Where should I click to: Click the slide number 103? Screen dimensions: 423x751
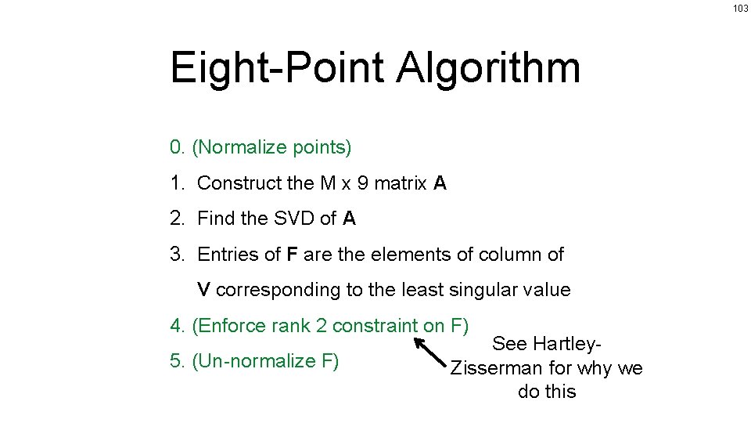pos(740,8)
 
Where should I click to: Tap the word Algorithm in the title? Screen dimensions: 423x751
pos(488,68)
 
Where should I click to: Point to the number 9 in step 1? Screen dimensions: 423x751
pos(362,183)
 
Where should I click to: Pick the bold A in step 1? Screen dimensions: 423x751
pos(440,183)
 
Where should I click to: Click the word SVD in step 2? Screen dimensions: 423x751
pos(294,219)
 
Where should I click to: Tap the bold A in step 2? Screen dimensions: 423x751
pos(349,219)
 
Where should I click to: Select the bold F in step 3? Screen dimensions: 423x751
pos(291,255)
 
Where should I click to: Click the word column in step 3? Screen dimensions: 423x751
pos(511,255)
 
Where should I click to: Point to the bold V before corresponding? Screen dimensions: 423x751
pos(203,290)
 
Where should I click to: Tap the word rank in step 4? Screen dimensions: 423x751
pos(289,326)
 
